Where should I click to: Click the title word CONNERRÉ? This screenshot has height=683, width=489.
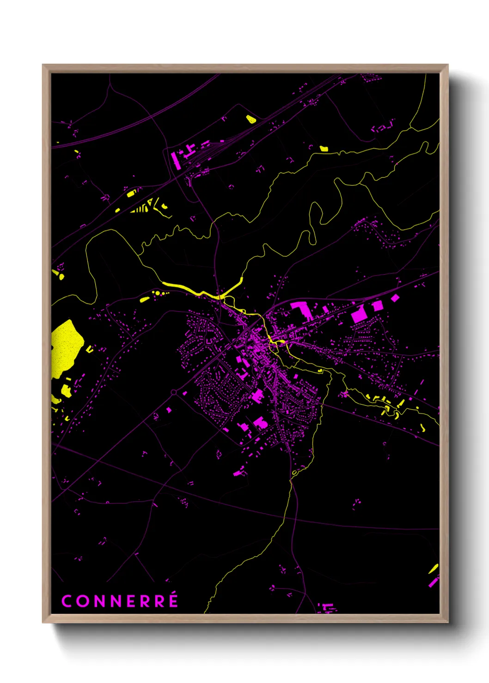click(120, 601)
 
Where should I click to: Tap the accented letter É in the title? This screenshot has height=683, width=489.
click(172, 600)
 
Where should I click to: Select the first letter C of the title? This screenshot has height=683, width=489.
click(67, 601)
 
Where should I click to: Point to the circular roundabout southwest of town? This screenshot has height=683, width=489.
click(174, 392)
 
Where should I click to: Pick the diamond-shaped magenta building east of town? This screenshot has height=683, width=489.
click(395, 298)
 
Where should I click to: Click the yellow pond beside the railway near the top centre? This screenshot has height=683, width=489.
click(251, 119)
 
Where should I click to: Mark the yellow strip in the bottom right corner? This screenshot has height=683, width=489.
click(434, 569)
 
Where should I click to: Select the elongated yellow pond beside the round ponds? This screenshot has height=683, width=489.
click(145, 300)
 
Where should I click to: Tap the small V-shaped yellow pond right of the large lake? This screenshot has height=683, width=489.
click(89, 349)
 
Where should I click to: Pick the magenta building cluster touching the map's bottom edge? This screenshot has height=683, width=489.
click(327, 607)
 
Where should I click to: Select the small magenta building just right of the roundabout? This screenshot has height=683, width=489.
click(185, 393)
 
